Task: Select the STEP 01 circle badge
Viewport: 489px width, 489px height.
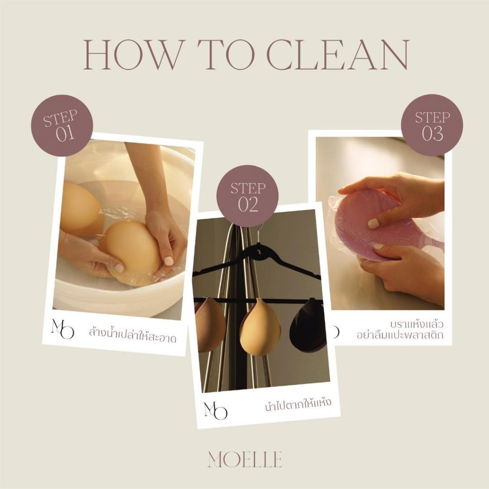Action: (x=62, y=126)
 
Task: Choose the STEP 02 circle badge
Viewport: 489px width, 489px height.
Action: (x=248, y=196)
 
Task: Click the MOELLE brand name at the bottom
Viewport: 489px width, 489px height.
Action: (x=245, y=459)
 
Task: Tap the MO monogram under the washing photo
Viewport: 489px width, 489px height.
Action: (x=63, y=329)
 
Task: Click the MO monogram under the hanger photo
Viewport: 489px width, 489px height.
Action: (x=215, y=410)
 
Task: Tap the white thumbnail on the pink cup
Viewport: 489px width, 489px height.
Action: (x=373, y=223)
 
